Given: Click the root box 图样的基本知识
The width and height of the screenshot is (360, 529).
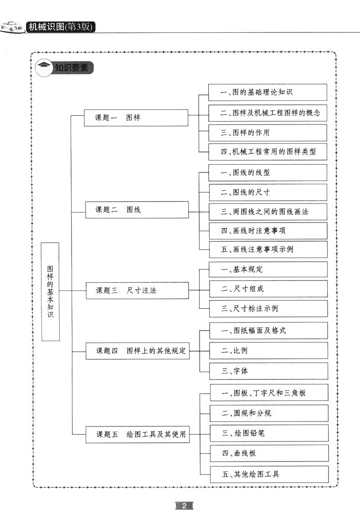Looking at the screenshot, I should [x=50, y=291].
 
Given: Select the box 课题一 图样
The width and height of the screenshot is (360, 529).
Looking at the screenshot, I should [x=136, y=118].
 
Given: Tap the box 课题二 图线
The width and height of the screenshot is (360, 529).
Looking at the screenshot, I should [x=137, y=210].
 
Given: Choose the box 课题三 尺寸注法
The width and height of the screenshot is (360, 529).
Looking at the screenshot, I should [x=137, y=290].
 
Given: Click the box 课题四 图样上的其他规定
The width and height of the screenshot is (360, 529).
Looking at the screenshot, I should [x=138, y=351].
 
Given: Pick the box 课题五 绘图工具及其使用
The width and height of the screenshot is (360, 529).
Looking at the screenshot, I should [x=138, y=435].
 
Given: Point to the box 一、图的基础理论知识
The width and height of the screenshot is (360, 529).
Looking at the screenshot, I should [x=267, y=92].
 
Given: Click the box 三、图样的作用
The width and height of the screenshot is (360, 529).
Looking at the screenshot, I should [x=267, y=133].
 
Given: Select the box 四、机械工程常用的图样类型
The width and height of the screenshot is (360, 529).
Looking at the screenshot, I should [x=268, y=152].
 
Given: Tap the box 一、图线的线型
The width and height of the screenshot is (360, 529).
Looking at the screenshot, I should [x=268, y=173].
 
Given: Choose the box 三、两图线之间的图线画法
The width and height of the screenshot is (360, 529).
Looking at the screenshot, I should [x=268, y=212].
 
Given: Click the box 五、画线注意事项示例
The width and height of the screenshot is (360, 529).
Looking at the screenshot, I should [x=268, y=249].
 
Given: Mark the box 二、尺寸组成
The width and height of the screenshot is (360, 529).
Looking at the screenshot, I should [x=268, y=289].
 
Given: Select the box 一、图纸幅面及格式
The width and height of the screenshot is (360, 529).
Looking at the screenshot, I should [x=268, y=331].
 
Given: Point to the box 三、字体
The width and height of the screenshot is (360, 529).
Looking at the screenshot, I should [x=268, y=371].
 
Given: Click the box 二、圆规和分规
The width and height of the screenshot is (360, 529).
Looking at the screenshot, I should [x=269, y=413].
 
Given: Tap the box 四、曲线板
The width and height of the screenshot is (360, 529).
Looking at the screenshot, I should [x=269, y=453].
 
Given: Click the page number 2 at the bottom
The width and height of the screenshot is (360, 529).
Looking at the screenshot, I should [x=184, y=506].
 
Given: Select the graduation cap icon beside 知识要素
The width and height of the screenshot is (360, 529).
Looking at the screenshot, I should [x=44, y=68].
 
